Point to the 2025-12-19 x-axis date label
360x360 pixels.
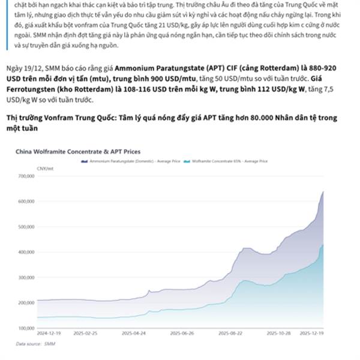(x=312, y=332)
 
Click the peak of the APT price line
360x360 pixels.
(x=324, y=191)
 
